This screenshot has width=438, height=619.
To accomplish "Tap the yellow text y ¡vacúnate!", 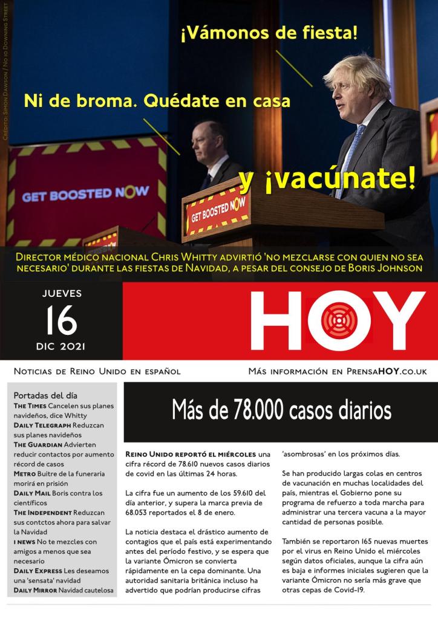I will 327,178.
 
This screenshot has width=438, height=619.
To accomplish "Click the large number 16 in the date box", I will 61,320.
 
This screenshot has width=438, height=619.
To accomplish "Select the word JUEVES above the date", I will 62,294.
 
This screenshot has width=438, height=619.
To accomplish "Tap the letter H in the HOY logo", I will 275,321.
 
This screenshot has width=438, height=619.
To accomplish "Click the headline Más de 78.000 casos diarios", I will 281,411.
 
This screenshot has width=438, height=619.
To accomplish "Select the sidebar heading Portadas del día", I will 45,395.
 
